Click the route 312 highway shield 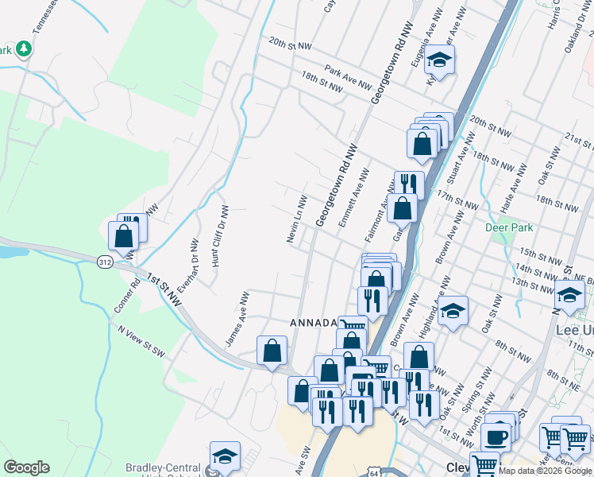pyautogui.click(x=104, y=261)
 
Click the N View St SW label pyautogui.click(x=140, y=339)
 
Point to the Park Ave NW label pyautogui.click(x=347, y=78)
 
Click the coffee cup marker pyautogui.click(x=495, y=436)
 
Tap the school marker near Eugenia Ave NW pyautogui.click(x=437, y=60)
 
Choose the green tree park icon pyautogui.click(x=24, y=49)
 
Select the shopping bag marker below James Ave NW pyautogui.click(x=272, y=350)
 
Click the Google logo pyautogui.click(x=26, y=467)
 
